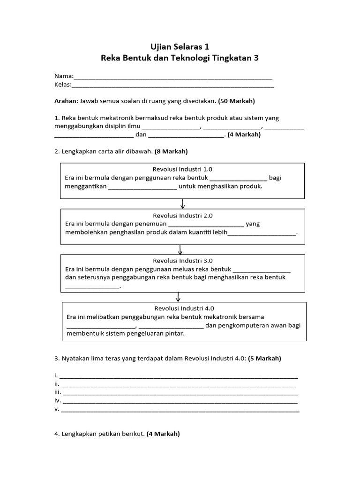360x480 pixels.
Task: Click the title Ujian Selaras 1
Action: tap(180, 46)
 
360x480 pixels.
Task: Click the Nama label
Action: tap(63, 76)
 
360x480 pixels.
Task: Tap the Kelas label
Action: tap(63, 85)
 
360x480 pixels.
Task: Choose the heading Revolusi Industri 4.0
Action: tap(184, 308)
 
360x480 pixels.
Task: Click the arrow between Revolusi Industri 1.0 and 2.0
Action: tap(182, 204)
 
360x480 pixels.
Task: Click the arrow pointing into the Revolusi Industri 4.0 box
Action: tap(178, 297)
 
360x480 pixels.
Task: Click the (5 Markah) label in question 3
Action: tap(264, 359)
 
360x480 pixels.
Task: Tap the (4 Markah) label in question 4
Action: tap(163, 434)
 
